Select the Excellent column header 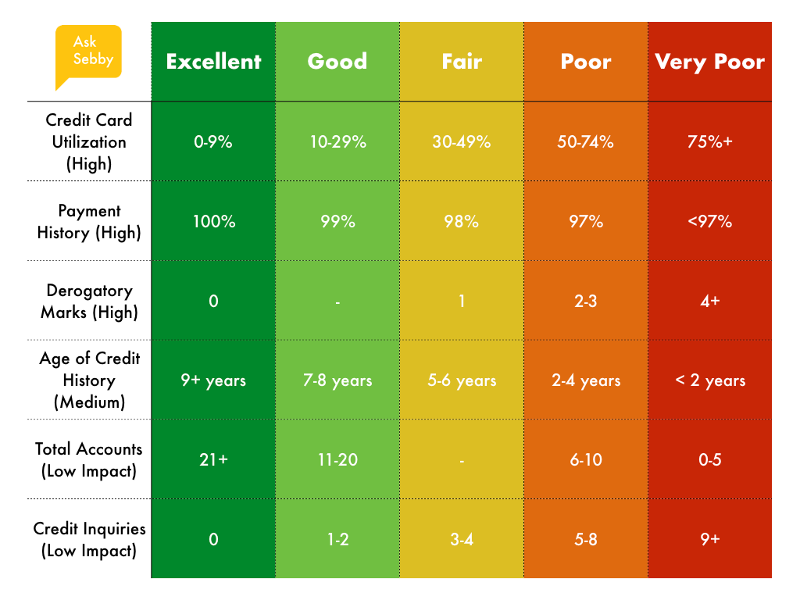tap(213, 62)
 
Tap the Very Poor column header tap(709, 62)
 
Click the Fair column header tap(462, 62)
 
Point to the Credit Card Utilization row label tap(89, 141)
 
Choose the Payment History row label tap(89, 221)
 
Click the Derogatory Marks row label tap(89, 301)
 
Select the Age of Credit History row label tap(89, 380)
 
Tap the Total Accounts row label tap(89, 459)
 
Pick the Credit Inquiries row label tap(89, 539)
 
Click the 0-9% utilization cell tap(213, 142)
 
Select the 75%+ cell tap(709, 142)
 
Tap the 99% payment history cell tap(337, 222)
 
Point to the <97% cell tap(709, 222)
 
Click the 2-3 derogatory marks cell tap(586, 302)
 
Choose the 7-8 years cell tap(337, 381)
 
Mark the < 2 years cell tap(709, 381)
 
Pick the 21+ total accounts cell tap(213, 460)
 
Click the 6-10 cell tap(586, 460)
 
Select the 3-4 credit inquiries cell tap(462, 540)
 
